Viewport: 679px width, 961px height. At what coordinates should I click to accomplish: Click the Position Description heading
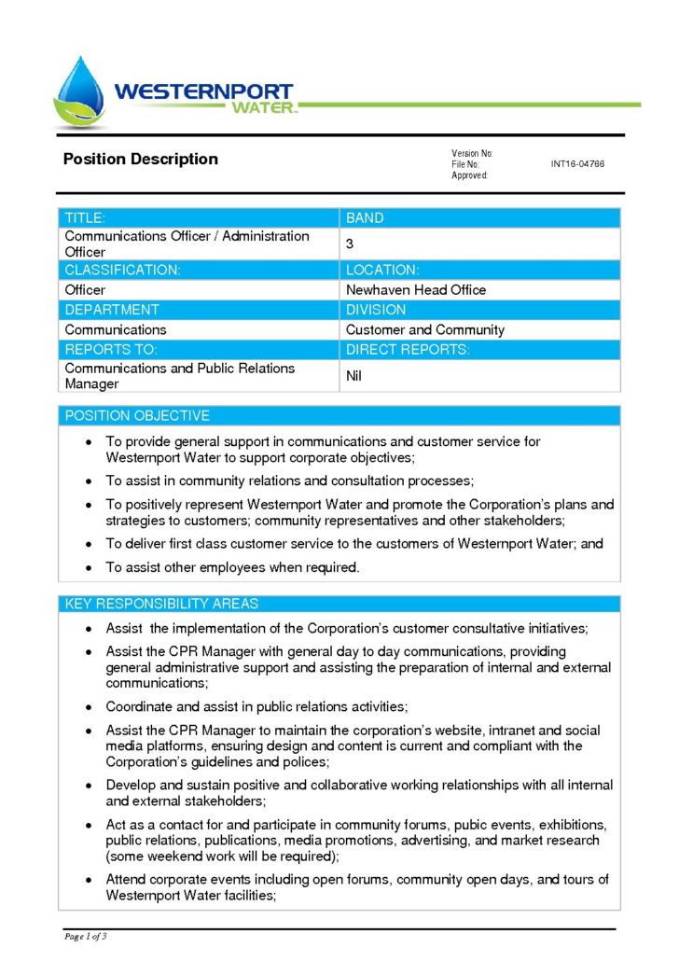(140, 159)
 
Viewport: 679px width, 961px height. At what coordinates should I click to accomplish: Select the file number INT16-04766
(577, 164)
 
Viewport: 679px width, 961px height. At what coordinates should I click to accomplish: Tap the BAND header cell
(365, 218)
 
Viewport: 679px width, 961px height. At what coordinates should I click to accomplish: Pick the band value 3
(350, 244)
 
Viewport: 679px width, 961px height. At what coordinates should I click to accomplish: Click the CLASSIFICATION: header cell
(122, 270)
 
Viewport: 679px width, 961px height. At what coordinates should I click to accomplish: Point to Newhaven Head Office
(416, 290)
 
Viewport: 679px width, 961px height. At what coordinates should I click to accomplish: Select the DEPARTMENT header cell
(112, 310)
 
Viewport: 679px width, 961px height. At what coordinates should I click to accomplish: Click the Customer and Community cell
(424, 329)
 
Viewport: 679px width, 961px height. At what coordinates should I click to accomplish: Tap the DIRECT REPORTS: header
(408, 349)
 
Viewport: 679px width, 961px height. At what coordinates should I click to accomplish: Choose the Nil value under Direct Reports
(353, 376)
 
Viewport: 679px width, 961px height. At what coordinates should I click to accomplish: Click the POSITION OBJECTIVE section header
(137, 415)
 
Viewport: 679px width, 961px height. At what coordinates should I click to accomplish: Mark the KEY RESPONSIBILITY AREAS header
(161, 604)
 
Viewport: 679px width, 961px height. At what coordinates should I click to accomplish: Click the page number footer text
(86, 935)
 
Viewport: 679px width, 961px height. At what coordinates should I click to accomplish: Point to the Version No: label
(472, 153)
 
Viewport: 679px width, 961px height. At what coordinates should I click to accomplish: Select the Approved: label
(469, 175)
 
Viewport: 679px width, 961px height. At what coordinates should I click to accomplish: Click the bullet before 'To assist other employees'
(88, 567)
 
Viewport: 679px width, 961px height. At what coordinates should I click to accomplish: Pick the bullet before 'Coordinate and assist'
(88, 706)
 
